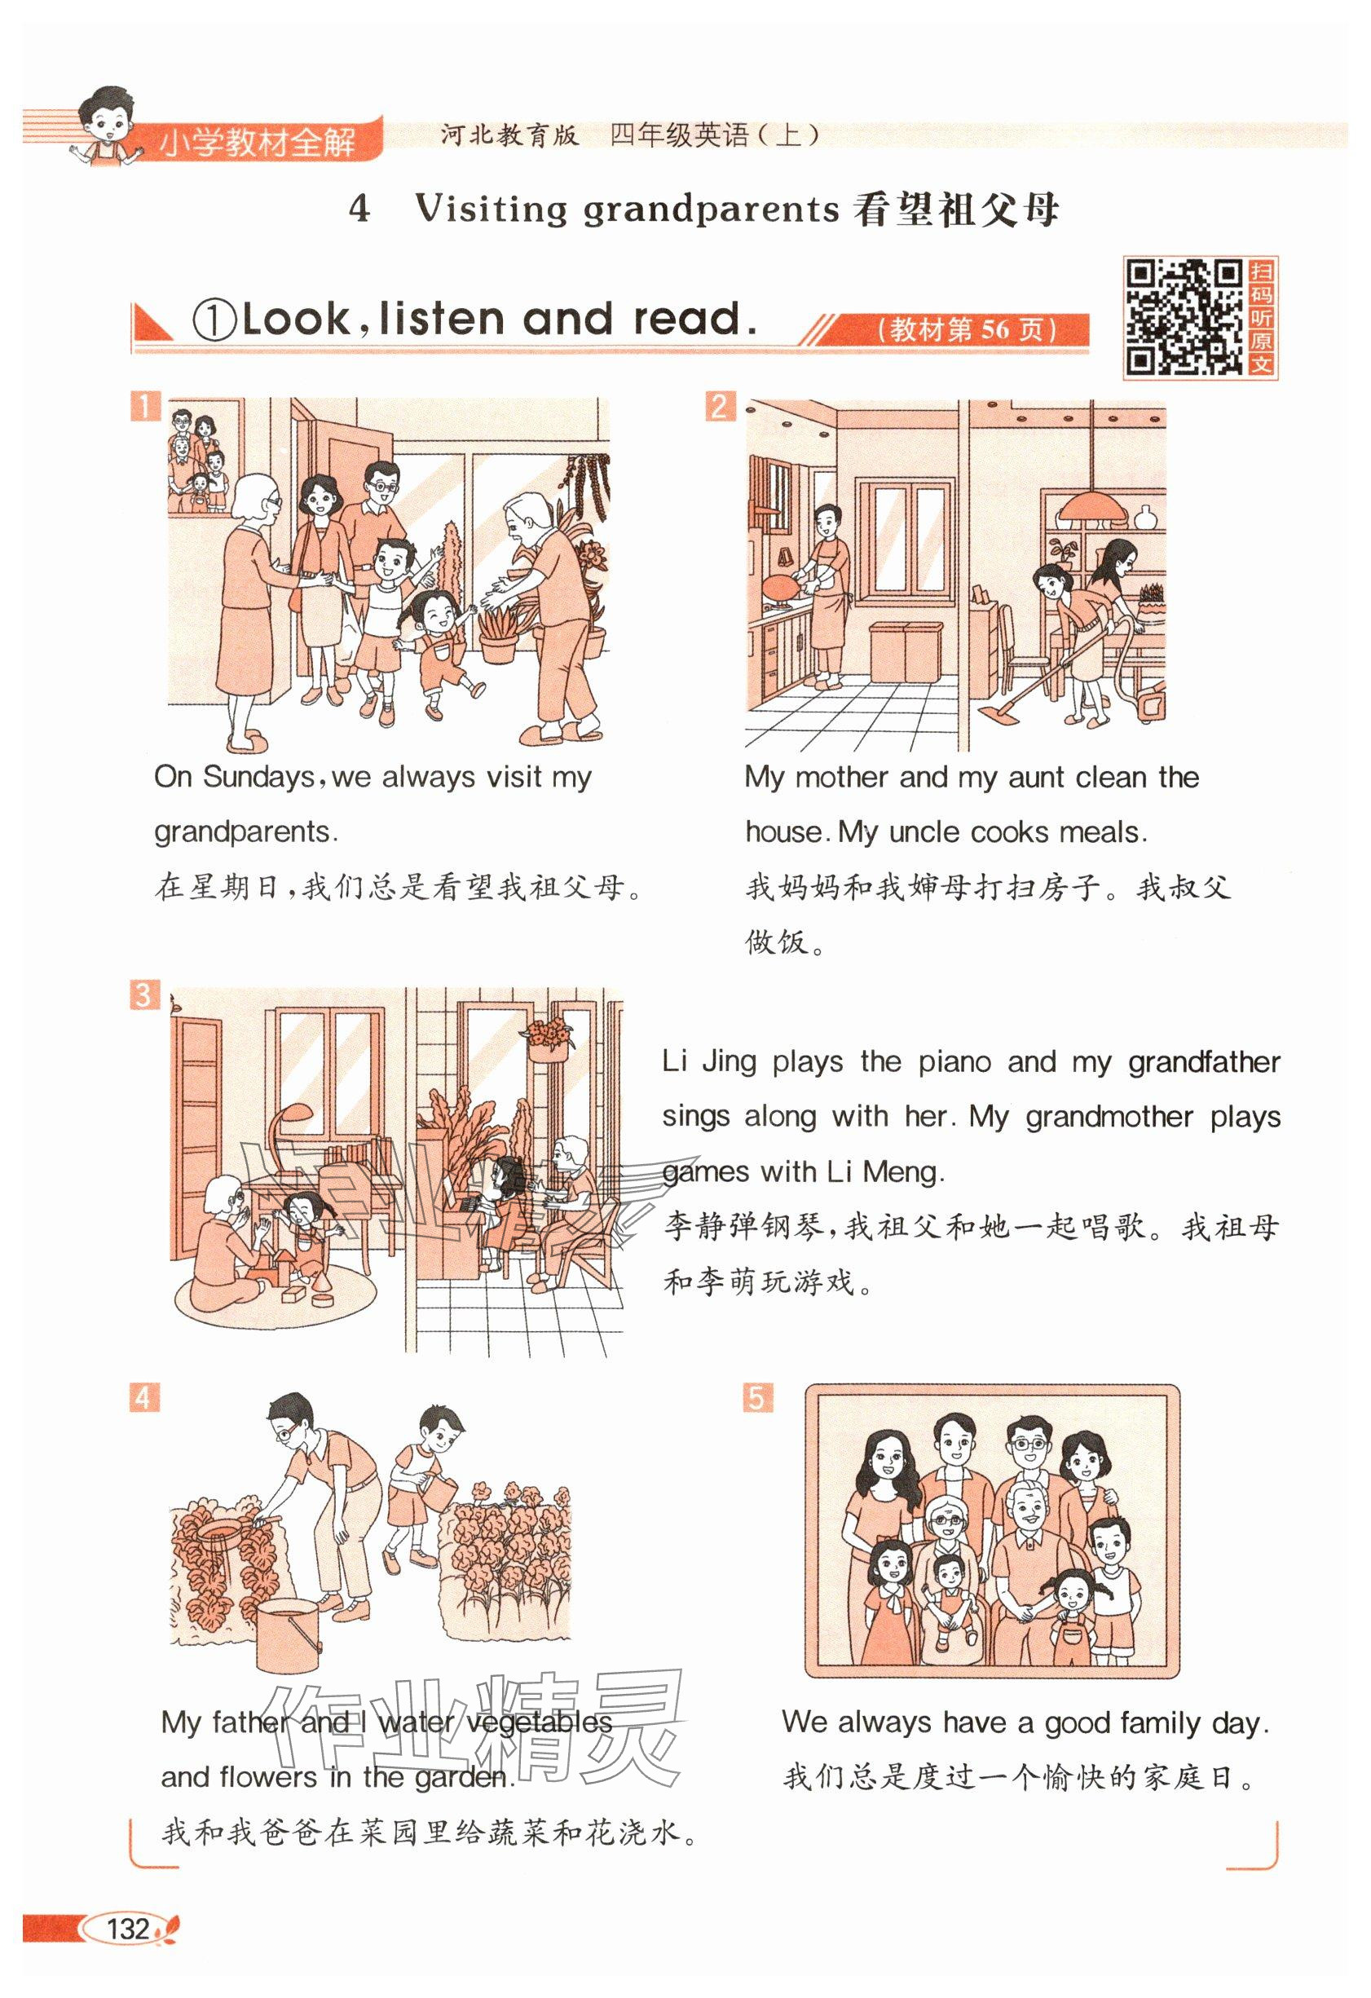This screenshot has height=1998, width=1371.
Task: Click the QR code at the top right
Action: [1184, 318]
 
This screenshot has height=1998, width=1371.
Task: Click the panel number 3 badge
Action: [144, 996]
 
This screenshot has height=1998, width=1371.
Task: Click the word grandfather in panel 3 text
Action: [1204, 1063]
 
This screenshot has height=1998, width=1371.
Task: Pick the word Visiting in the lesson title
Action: [492, 210]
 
